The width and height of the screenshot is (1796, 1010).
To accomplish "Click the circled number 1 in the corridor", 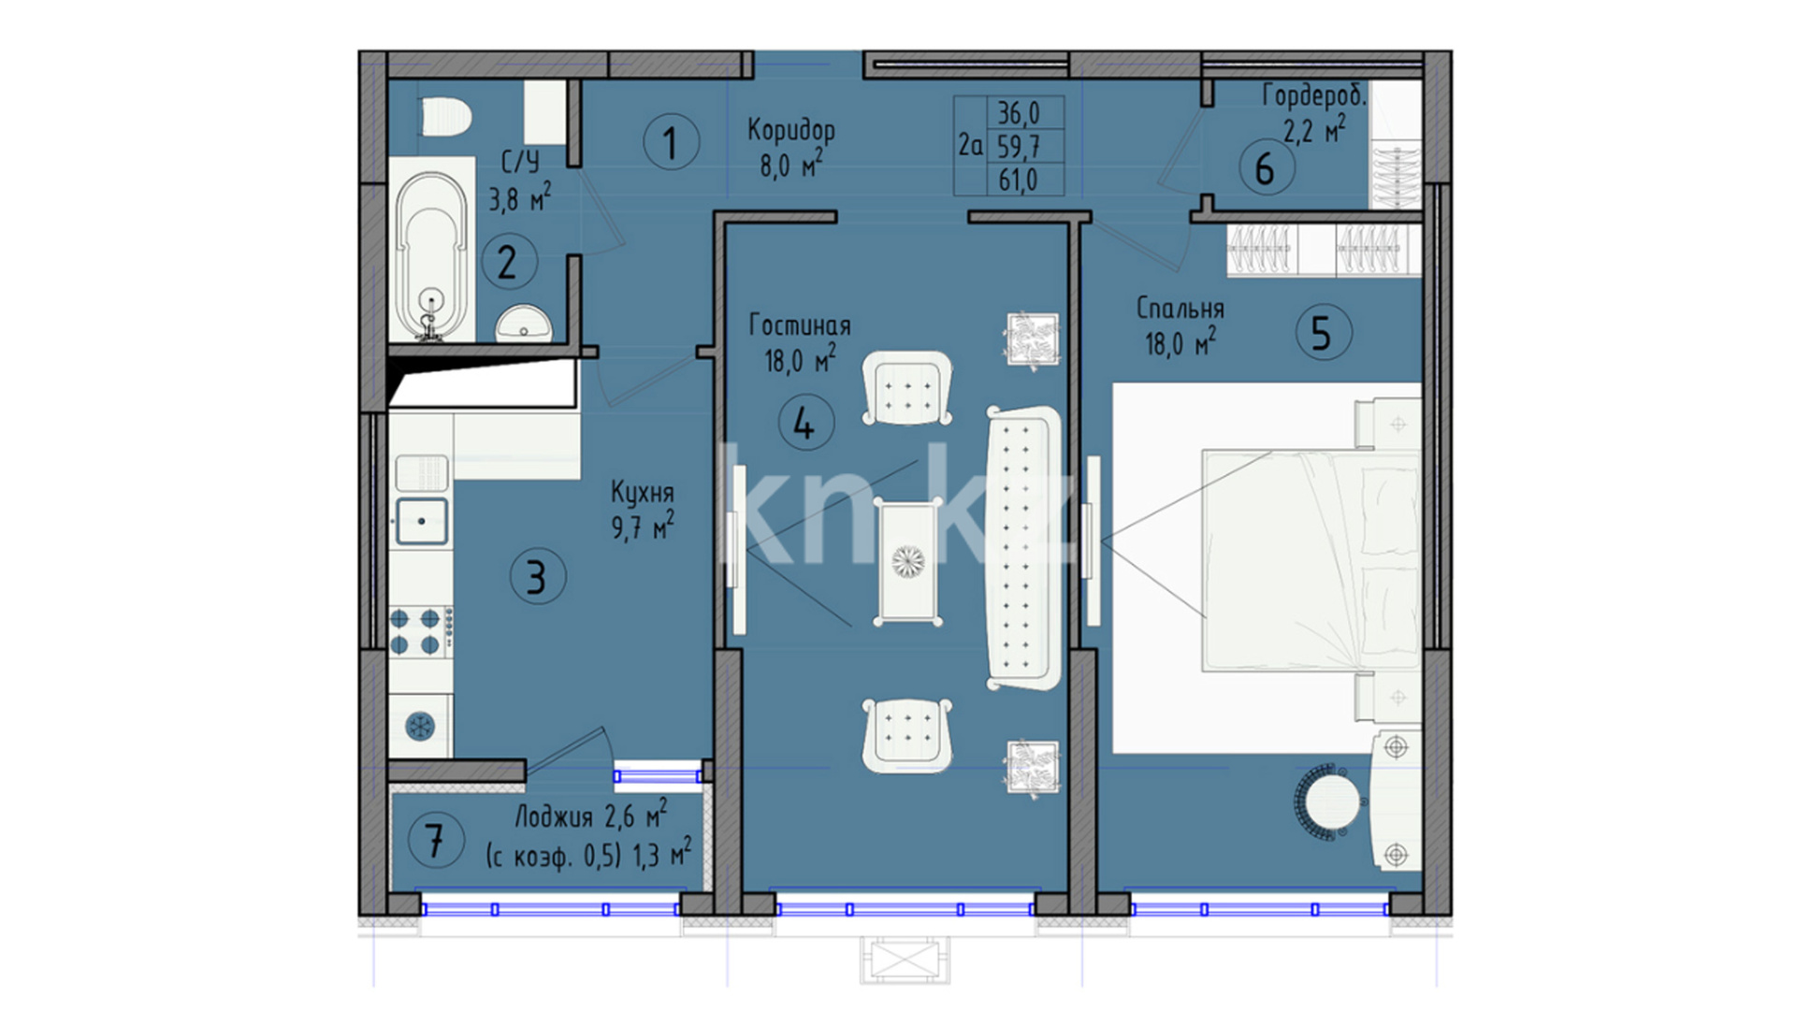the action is (x=672, y=142).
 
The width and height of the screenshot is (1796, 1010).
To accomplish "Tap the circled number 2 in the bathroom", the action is (x=509, y=261).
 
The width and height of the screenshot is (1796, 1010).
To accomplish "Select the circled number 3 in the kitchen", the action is (x=538, y=576).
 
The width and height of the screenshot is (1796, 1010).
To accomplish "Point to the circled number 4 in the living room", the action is (x=806, y=423).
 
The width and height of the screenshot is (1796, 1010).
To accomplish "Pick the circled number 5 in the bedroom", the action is (x=1324, y=333).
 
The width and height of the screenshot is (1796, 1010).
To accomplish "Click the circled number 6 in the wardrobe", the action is (x=1267, y=168).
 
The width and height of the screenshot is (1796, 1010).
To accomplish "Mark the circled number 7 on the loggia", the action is (x=436, y=839).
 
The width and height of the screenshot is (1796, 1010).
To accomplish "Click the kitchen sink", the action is (x=421, y=521).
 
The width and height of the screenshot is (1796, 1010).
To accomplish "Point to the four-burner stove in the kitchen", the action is (x=421, y=631).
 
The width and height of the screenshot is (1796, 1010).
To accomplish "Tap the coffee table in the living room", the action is (x=907, y=561).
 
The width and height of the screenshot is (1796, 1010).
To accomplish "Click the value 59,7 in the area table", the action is (x=1018, y=146).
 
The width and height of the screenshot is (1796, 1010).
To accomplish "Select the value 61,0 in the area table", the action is (x=1018, y=180).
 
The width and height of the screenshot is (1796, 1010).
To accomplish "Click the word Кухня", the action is (x=642, y=493).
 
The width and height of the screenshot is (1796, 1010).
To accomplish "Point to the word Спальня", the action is (x=1180, y=308).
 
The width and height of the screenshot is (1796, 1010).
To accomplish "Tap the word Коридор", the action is (x=791, y=130).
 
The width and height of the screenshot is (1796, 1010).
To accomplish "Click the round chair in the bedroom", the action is (x=1328, y=800).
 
